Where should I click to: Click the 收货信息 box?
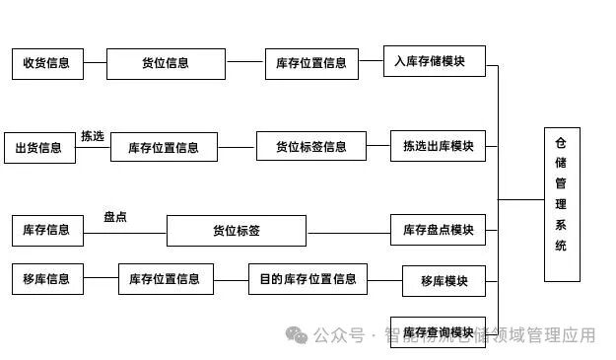pos(47,63)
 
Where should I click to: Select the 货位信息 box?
pos(166,63)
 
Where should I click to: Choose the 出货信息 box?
pos(39,148)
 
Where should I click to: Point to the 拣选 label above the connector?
pos(93,136)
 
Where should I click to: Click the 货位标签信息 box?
pos(310,147)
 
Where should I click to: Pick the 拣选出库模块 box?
pos(439,147)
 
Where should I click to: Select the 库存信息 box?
pos(47,230)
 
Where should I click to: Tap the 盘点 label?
pos(115,217)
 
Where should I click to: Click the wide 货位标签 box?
pos(237,231)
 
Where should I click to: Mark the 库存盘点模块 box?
pos(439,231)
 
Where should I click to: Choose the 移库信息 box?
pos(47,279)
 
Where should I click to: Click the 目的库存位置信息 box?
pos(308,279)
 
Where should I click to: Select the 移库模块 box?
pos(444,281)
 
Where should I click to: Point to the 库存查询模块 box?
pos(444,332)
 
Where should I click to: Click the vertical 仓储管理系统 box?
pos(562,204)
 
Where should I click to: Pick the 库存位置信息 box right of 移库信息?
pos(166,279)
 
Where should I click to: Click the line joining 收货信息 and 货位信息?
pos(95,63)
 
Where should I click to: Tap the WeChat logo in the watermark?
pos(297,335)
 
